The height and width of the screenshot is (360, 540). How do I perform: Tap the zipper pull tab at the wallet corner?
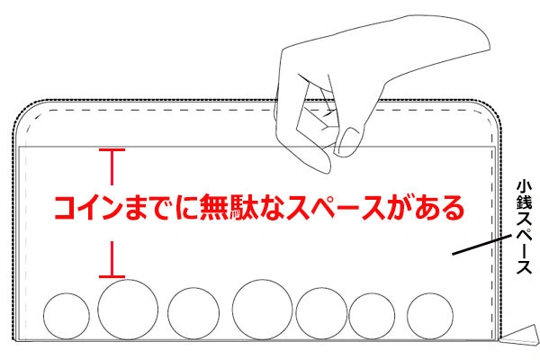click(520, 334)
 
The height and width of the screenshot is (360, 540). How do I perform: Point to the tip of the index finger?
click(326, 169)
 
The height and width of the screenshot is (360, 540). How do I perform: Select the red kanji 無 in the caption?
click(215, 207)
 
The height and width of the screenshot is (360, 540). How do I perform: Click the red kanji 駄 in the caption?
click(244, 207)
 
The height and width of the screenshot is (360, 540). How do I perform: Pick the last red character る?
click(451, 208)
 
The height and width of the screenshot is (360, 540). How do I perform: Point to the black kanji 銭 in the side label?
click(524, 202)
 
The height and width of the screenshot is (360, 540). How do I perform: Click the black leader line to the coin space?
click(482, 245)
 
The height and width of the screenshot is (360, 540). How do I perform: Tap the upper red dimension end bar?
click(112, 150)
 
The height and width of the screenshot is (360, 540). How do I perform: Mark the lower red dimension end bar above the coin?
click(112, 276)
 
